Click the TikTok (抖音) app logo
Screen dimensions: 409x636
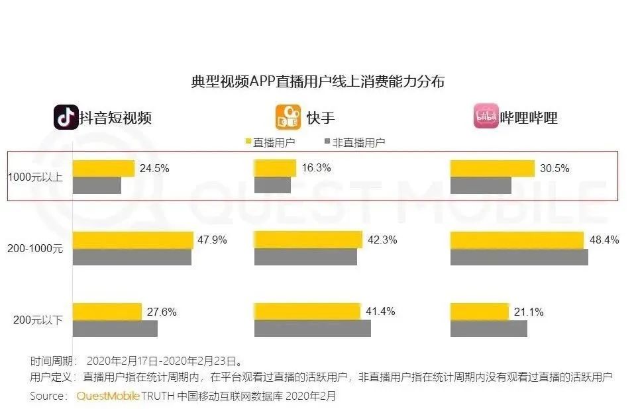click(x=66, y=117)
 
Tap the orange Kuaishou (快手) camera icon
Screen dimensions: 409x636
click(x=288, y=117)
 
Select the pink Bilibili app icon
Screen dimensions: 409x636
click(x=486, y=117)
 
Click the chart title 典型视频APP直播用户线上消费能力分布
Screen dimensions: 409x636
click(x=318, y=81)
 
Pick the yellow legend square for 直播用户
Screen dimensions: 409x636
click(x=249, y=142)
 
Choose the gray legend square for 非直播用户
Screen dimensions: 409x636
click(x=325, y=142)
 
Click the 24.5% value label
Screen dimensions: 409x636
click(x=154, y=168)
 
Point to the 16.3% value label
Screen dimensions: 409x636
click(x=317, y=168)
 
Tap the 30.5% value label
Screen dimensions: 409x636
click(x=554, y=168)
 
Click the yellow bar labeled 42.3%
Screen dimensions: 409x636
click(x=308, y=240)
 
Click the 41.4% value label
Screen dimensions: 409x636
click(x=380, y=311)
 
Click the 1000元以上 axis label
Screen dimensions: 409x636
click(x=37, y=177)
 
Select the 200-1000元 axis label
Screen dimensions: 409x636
click(x=36, y=248)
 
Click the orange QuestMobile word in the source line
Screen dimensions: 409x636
click(x=108, y=396)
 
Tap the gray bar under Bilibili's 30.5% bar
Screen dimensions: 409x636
click(x=480, y=185)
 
